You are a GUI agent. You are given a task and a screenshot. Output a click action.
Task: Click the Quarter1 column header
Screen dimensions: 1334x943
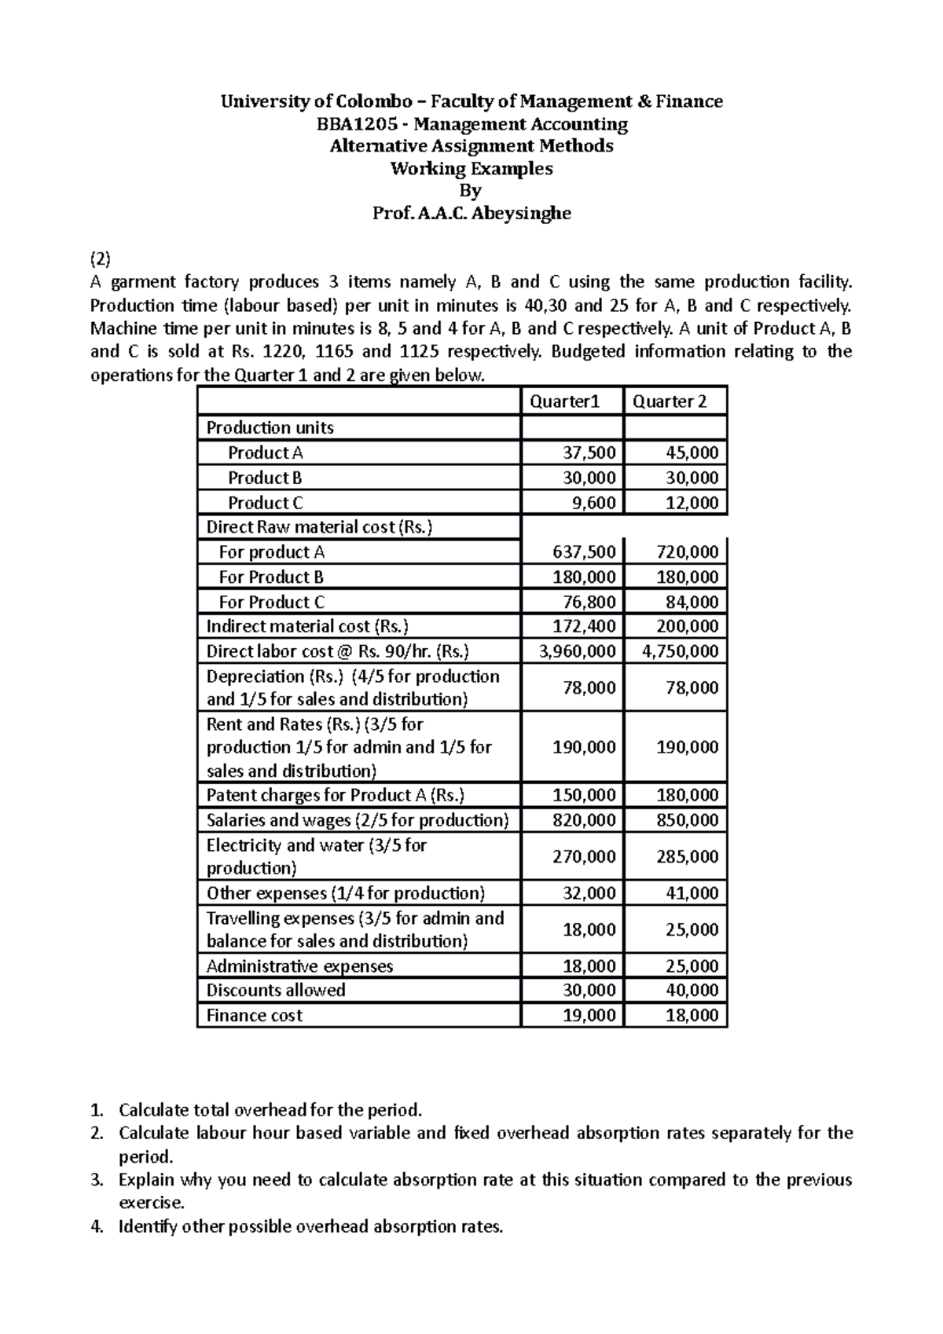click(564, 402)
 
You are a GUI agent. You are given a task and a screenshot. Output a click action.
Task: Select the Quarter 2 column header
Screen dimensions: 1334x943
click(670, 402)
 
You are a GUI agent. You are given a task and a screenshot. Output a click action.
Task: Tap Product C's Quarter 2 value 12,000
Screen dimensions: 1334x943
click(692, 504)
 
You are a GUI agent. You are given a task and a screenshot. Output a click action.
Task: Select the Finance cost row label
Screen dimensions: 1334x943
click(254, 1016)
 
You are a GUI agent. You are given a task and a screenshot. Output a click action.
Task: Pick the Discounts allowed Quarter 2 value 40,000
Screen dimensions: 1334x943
click(692, 991)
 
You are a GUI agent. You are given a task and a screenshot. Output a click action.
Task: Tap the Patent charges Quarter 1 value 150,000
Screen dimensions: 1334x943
click(585, 796)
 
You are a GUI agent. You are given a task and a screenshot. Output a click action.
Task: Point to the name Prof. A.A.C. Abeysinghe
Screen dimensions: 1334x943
click(471, 213)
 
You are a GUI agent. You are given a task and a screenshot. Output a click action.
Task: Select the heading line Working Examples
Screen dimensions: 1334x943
click(471, 169)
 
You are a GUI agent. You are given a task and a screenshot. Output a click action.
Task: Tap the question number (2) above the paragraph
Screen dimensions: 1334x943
click(101, 258)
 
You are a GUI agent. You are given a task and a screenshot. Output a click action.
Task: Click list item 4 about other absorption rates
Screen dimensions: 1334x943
click(310, 1226)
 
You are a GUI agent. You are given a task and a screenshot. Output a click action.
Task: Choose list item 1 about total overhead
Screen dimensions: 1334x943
click(270, 1110)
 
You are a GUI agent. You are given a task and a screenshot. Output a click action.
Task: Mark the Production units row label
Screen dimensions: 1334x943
click(270, 428)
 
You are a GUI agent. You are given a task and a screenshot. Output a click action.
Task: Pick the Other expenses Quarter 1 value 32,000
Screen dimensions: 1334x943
click(589, 894)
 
